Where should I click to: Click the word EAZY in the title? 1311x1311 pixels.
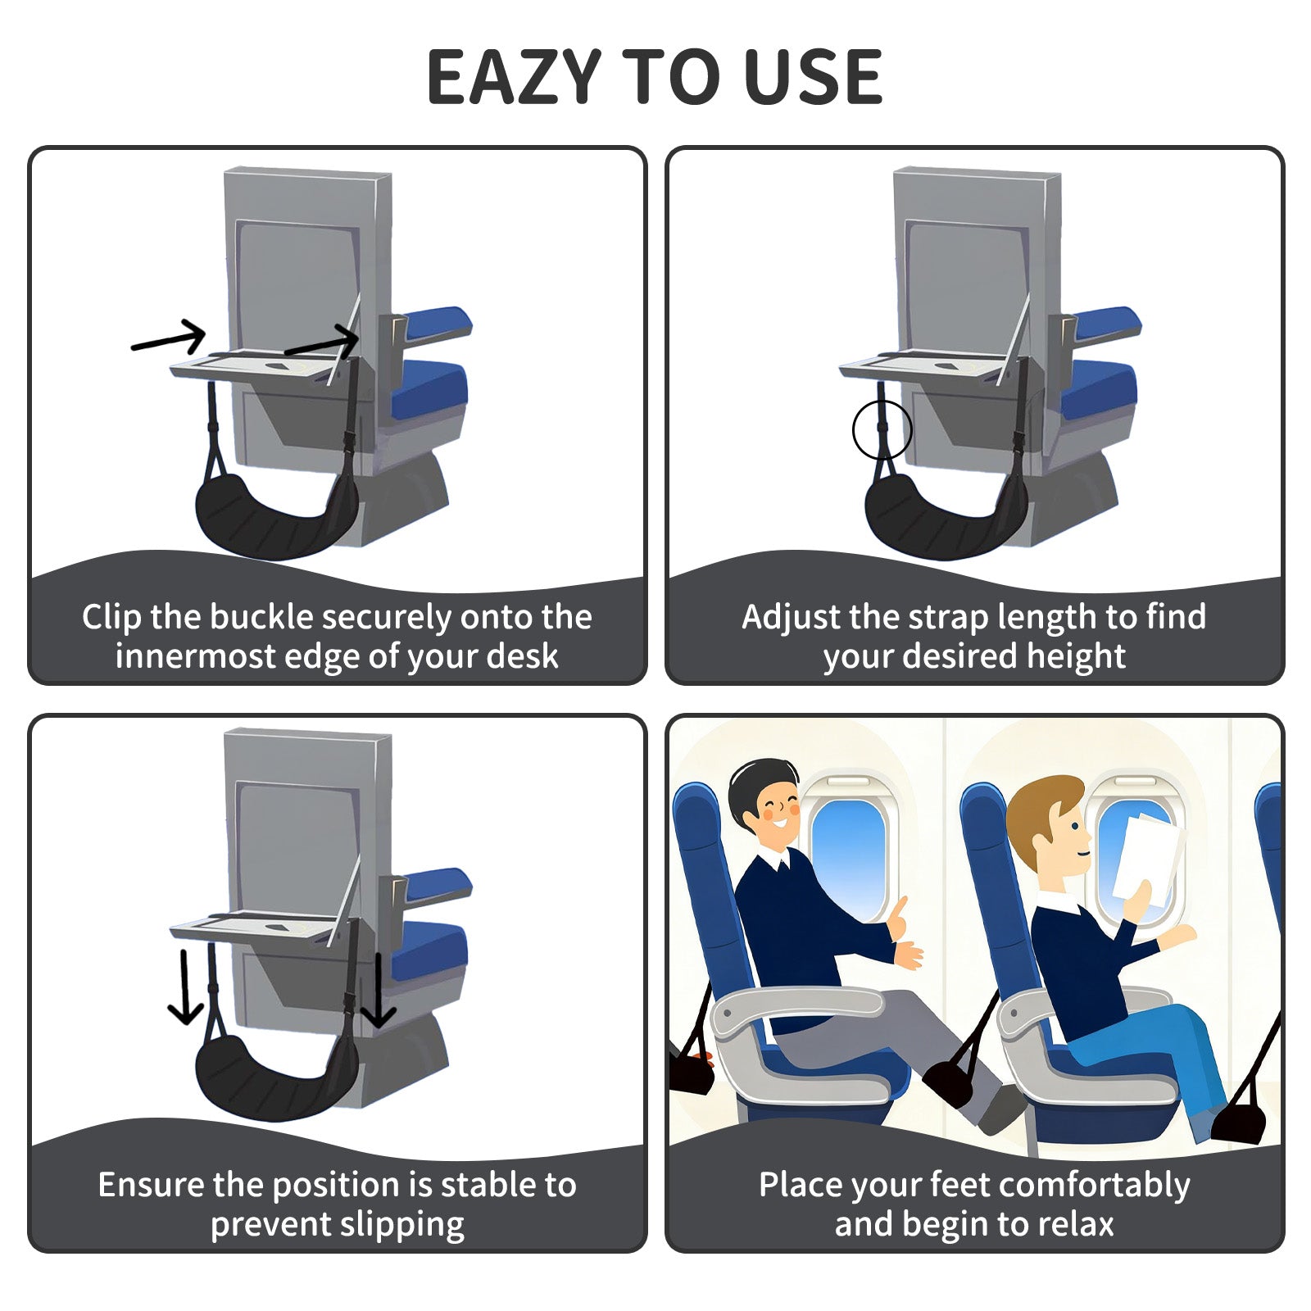(x=515, y=78)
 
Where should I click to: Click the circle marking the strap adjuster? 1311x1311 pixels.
(x=882, y=429)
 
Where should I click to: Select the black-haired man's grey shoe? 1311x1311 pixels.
(x=1000, y=1110)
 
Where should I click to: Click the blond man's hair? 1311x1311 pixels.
(x=1041, y=803)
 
